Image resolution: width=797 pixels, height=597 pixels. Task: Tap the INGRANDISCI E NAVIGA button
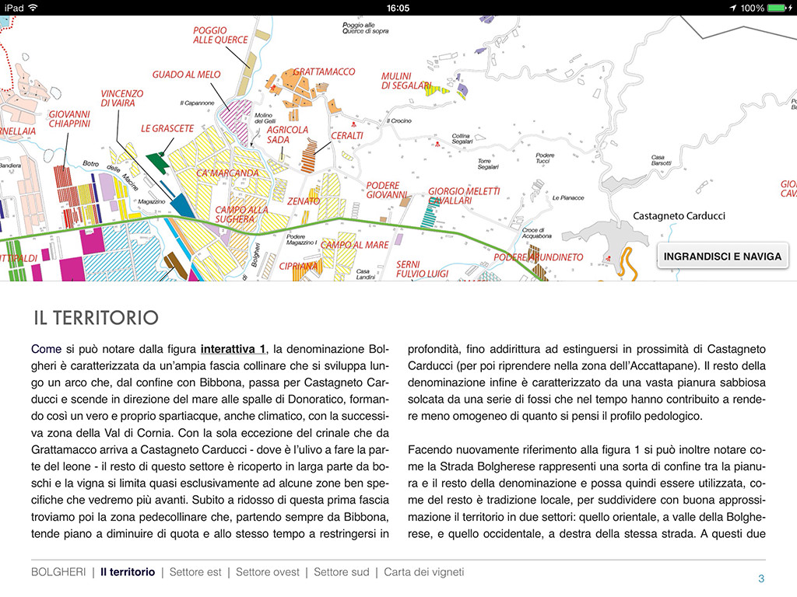pos(723,256)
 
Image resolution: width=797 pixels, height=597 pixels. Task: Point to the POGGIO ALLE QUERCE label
pos(220,35)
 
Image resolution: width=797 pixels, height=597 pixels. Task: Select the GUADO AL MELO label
pos(186,75)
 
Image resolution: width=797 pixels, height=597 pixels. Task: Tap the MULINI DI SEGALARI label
pos(406,81)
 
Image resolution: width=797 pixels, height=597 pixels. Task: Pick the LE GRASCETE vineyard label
pos(167,128)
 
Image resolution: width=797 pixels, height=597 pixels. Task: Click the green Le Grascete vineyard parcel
pos(157,162)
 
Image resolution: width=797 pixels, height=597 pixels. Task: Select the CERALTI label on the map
pos(347,135)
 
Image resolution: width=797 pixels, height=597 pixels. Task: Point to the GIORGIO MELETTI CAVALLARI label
pos(464,196)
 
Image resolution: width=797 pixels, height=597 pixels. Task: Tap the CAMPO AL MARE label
pos(355,245)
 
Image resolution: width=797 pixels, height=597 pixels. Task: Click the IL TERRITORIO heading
pos(96,317)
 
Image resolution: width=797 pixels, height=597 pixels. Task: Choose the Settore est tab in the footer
pos(195,572)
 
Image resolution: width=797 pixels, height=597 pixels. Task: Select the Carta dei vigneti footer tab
pos(423,572)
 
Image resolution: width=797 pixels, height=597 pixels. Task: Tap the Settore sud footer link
pos(341,572)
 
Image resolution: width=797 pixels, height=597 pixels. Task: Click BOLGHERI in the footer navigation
pos(58,572)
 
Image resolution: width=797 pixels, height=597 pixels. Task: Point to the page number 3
pos(761,578)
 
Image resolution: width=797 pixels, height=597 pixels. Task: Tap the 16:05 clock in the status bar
pos(398,8)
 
